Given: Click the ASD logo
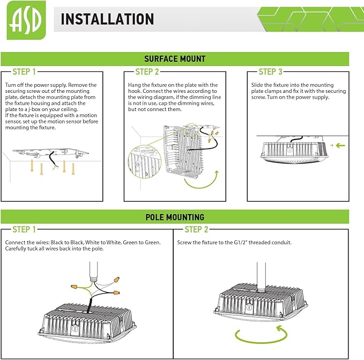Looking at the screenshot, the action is tap(26, 20).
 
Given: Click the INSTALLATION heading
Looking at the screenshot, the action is tap(107, 19).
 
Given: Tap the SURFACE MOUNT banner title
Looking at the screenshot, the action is tap(175, 59).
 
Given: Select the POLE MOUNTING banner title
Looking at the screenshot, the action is tap(175, 217).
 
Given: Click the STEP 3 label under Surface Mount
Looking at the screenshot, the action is tap(270, 72).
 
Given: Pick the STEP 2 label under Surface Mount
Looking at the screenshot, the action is tap(147, 72).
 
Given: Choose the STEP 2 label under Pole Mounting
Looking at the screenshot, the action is tap(196, 230).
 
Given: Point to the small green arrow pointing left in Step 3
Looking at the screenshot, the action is tap(340, 145).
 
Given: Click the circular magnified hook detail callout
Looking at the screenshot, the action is tap(144, 162).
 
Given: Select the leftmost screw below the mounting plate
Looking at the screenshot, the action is tap(32, 166).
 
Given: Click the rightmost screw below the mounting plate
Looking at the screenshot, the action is tap(73, 168).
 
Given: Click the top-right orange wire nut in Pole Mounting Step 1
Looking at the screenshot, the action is tap(116, 279).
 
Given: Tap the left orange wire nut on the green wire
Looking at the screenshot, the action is tap(75, 286).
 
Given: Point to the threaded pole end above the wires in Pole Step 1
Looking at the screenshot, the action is tap(93, 277).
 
